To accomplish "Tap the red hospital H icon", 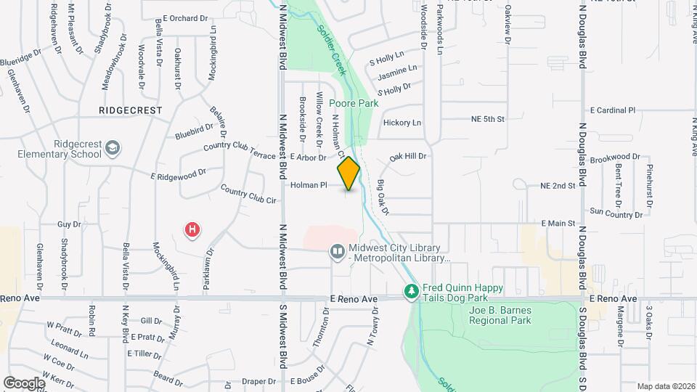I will tap(192, 231).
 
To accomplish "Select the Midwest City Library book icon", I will tap(337, 252).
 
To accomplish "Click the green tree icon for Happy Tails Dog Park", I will tap(411, 291).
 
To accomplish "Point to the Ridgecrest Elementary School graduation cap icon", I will tap(112, 149).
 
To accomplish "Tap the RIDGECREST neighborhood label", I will tap(131, 110).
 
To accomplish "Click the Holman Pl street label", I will tap(310, 185).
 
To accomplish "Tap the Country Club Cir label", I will tap(249, 195).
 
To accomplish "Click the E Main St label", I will tap(558, 224).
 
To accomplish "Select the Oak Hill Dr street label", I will tap(407, 156).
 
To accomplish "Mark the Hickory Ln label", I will tap(402, 123).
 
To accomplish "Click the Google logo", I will tap(24, 383).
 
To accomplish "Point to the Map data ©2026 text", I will tap(665, 385).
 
